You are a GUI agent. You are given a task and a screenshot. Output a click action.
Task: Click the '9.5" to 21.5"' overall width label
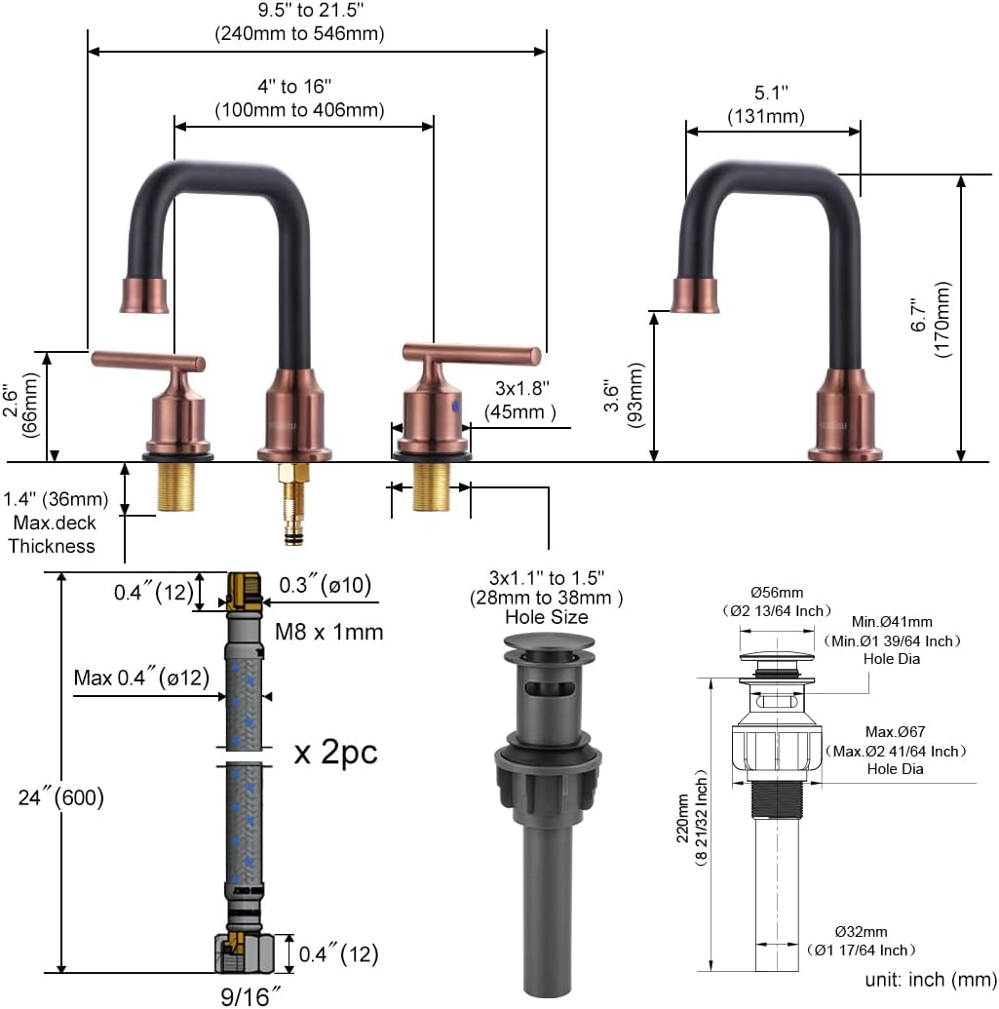tap(311, 11)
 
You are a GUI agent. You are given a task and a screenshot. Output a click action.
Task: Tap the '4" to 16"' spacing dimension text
tap(294, 86)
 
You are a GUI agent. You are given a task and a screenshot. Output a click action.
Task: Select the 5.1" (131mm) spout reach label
tap(766, 104)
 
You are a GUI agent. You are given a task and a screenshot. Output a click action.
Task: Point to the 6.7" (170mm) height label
tap(930, 319)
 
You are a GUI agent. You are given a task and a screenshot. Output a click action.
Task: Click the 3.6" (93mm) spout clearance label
tap(624, 395)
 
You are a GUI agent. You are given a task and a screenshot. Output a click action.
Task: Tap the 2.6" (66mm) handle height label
tap(19, 405)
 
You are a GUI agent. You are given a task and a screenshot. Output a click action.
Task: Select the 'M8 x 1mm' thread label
tap(328, 632)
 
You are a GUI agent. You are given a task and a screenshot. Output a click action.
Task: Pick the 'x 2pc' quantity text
tap(335, 752)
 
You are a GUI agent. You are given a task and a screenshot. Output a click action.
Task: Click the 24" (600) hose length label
tap(61, 797)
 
